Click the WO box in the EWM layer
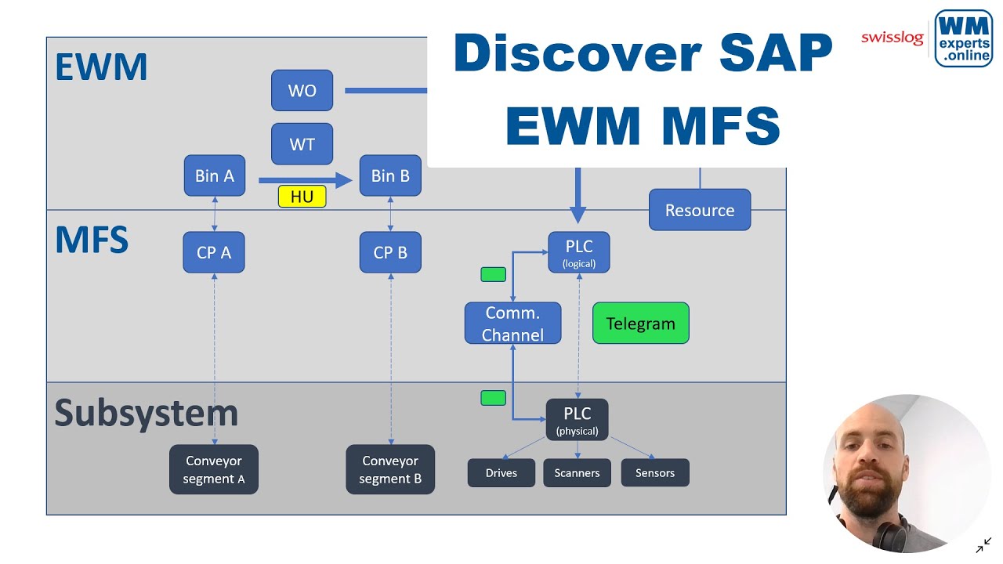(x=302, y=90)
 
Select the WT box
(x=302, y=144)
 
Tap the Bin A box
(x=214, y=175)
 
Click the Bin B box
(x=389, y=175)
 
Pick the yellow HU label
(x=302, y=197)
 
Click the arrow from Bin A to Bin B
(x=306, y=181)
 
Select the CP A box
(x=213, y=252)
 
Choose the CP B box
(x=389, y=252)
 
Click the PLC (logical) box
(x=578, y=252)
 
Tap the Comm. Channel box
(x=512, y=324)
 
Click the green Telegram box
(x=640, y=324)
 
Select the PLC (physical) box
(x=577, y=420)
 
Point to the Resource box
(x=699, y=210)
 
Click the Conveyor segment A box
(x=213, y=469)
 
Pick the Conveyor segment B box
(x=389, y=469)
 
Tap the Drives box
(x=501, y=472)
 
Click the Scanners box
(x=577, y=472)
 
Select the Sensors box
(x=654, y=472)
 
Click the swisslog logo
(x=892, y=38)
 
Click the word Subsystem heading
(x=146, y=413)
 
